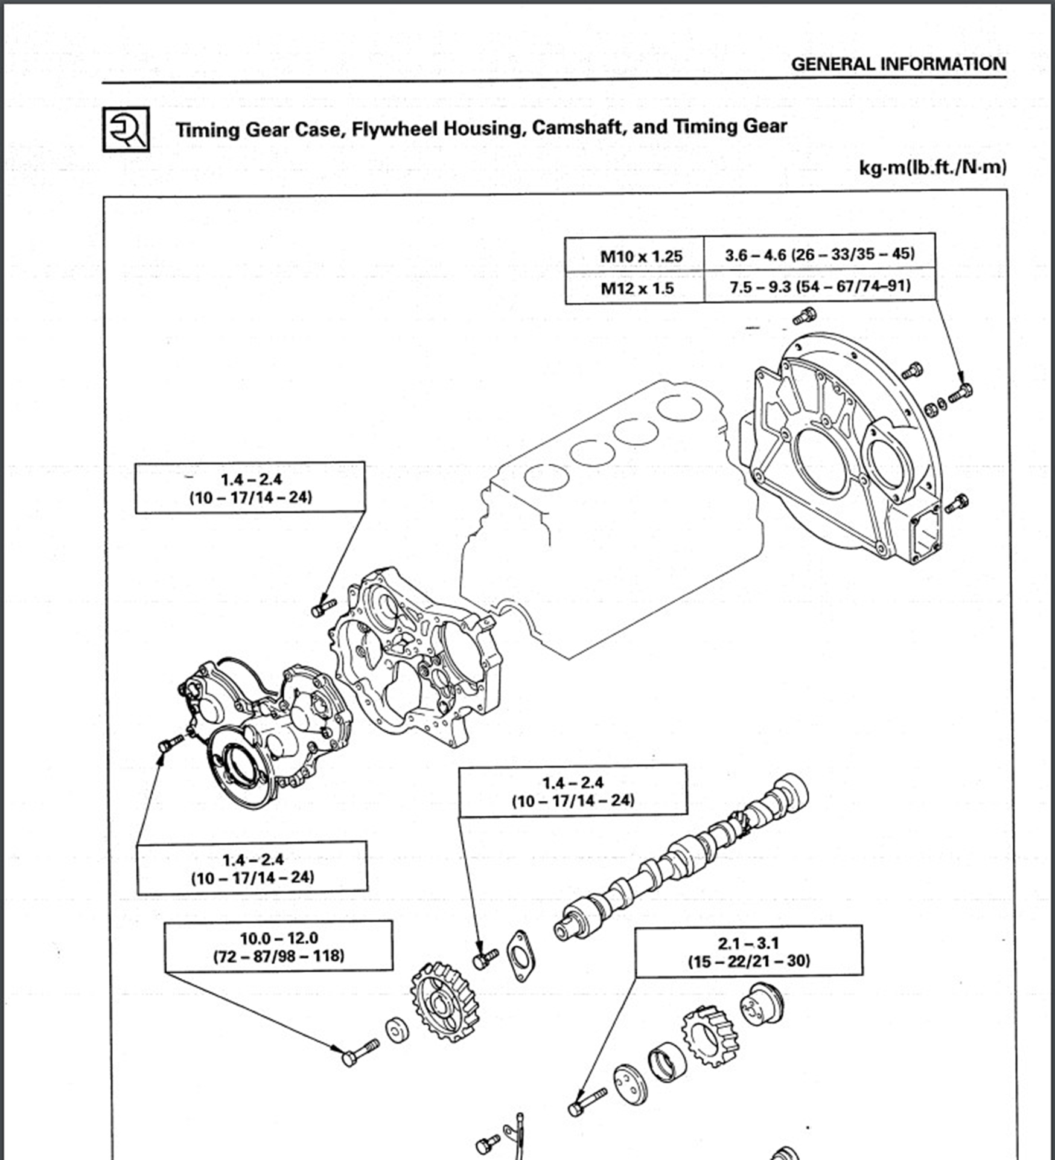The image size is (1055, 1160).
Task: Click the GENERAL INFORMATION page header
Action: pos(898,64)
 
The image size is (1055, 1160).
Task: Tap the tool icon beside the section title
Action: pos(126,129)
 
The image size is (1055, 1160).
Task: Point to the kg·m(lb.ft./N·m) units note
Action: pos(932,167)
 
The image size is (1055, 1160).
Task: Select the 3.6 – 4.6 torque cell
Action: pos(819,254)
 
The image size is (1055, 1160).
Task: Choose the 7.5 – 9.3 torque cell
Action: pos(819,286)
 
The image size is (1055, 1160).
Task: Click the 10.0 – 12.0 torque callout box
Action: pos(278,946)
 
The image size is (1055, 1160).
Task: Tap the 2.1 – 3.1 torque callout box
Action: pos(748,951)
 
